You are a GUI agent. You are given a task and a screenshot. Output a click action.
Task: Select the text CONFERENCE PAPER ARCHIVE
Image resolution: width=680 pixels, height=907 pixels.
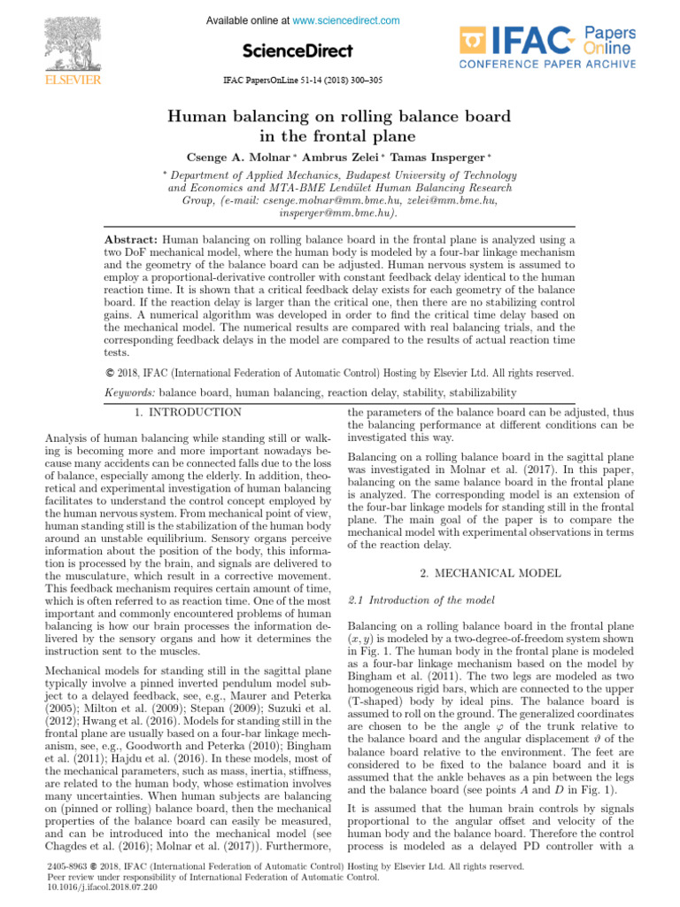pos(547,65)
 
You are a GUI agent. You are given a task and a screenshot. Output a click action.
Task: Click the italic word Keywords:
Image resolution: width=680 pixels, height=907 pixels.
pos(129,391)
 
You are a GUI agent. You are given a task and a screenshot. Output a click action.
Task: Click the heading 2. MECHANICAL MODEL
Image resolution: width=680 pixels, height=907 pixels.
pos(491,574)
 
